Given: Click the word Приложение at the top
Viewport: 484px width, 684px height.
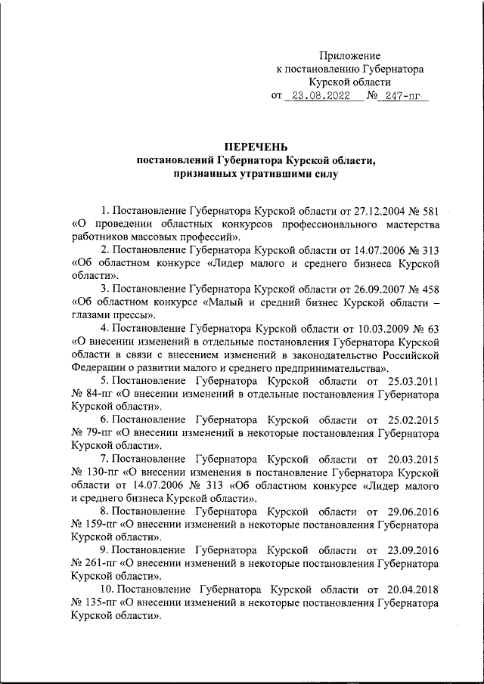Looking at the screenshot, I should (x=349, y=55).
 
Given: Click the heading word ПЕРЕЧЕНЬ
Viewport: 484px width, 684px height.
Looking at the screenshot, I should (x=255, y=147).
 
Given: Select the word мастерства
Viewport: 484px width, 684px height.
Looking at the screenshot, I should (x=408, y=224).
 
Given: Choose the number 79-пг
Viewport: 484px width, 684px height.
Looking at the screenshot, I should (x=98, y=435).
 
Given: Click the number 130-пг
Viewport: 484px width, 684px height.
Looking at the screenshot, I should (x=101, y=473).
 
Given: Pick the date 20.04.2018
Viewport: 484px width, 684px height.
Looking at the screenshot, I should (x=412, y=589).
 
